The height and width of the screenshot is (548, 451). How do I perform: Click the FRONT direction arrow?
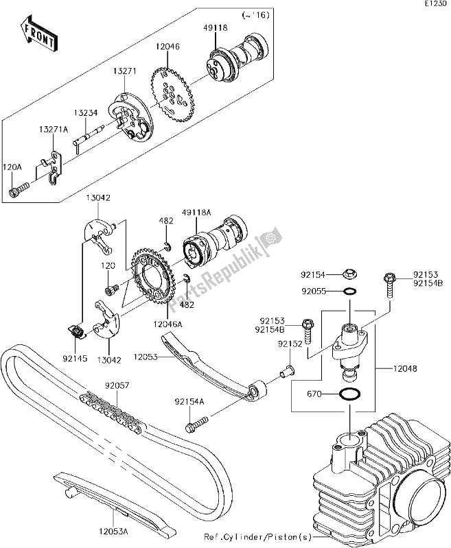point(39,35)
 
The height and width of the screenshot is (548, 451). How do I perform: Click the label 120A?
point(12,167)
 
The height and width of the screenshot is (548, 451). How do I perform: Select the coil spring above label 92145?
point(77,333)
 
